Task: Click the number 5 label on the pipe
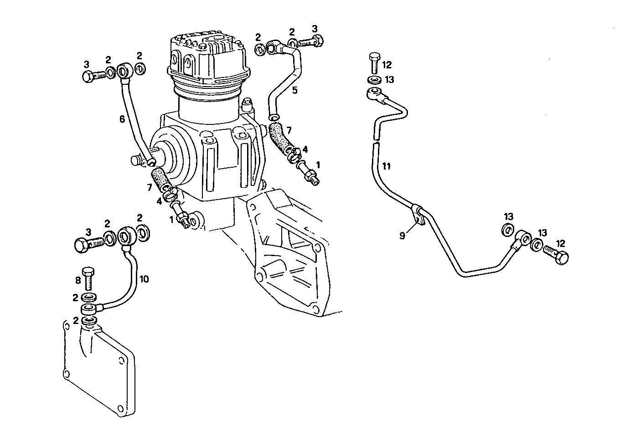click(295, 90)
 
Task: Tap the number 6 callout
click(122, 119)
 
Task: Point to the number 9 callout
click(403, 236)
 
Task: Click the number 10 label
click(144, 278)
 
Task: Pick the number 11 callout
click(386, 166)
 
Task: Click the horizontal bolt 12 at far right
click(555, 253)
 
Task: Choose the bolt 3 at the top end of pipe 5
click(313, 42)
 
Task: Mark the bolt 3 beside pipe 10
click(88, 244)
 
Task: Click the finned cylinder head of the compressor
click(207, 55)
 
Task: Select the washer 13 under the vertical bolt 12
click(375, 80)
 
